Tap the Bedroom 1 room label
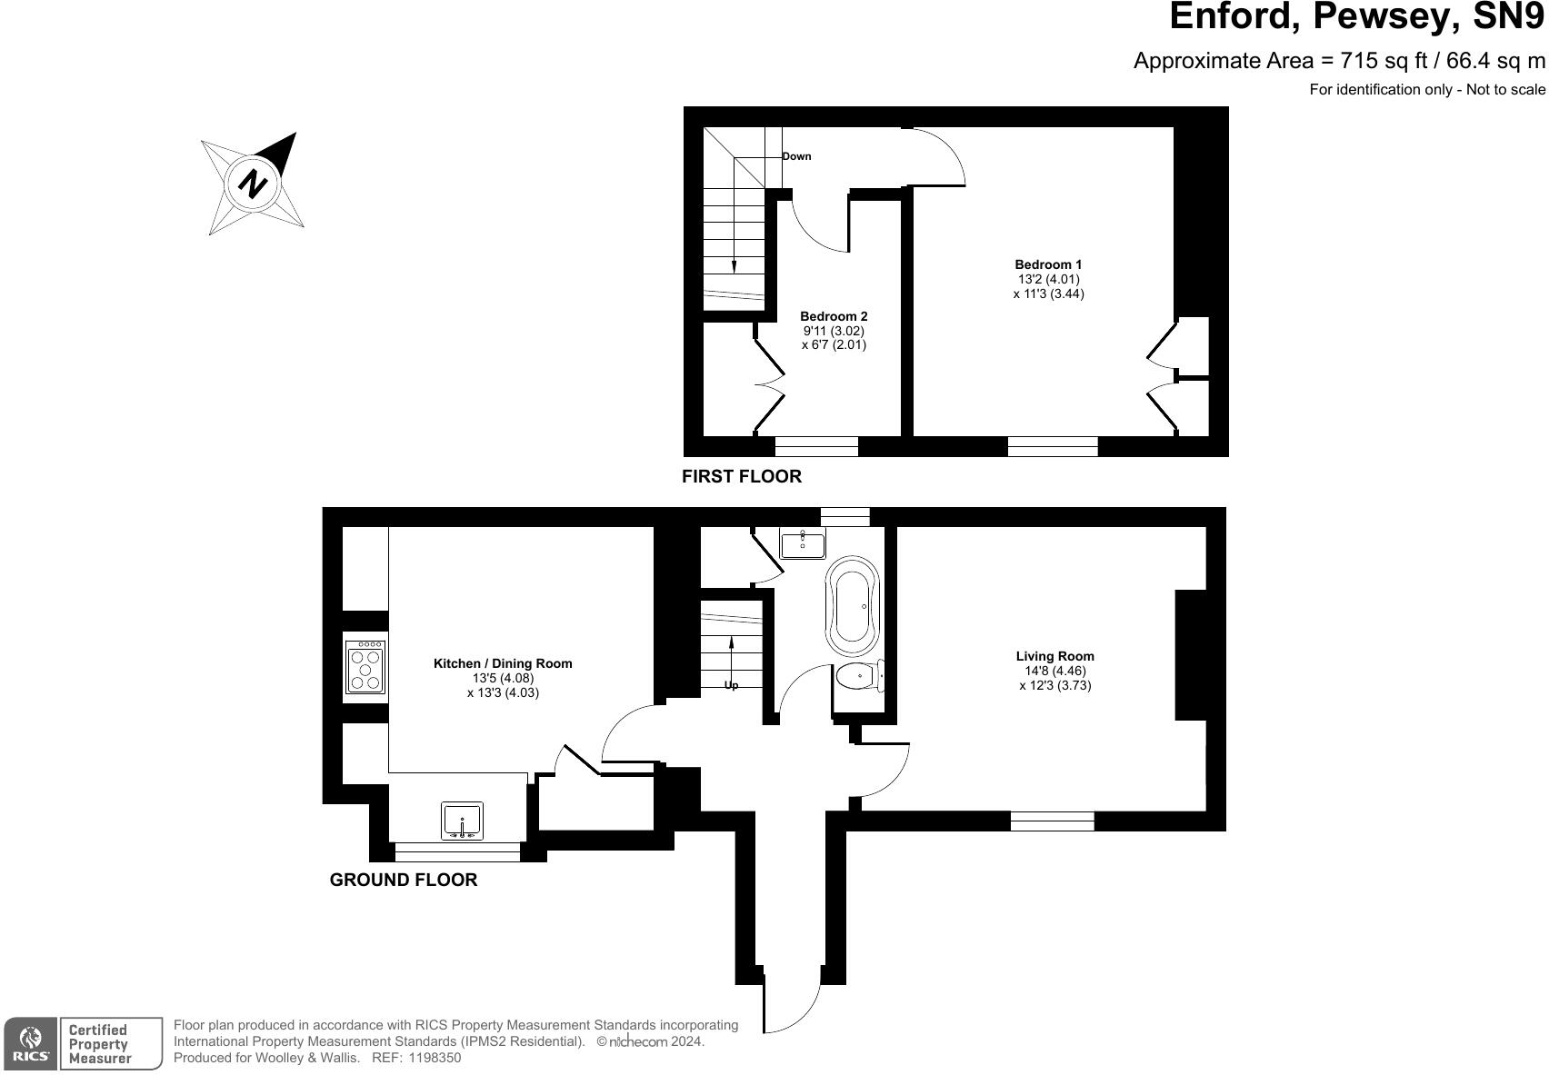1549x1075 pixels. [1048, 265]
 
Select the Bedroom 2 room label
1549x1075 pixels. [834, 316]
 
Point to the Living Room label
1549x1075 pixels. [1054, 656]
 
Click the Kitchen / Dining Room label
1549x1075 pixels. [503, 663]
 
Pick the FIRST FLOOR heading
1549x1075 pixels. [742, 476]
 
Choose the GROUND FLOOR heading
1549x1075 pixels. [403, 880]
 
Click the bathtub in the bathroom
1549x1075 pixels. [852, 606]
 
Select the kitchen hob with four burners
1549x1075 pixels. [365, 667]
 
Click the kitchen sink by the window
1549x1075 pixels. [462, 821]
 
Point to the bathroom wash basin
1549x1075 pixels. [803, 544]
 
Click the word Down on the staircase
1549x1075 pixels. [796, 156]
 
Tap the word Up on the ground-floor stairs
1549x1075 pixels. [732, 685]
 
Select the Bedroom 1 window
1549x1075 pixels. [1053, 446]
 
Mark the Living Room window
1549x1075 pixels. [1052, 821]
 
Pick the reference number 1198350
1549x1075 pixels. [435, 1058]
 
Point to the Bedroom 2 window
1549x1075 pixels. [816, 446]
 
